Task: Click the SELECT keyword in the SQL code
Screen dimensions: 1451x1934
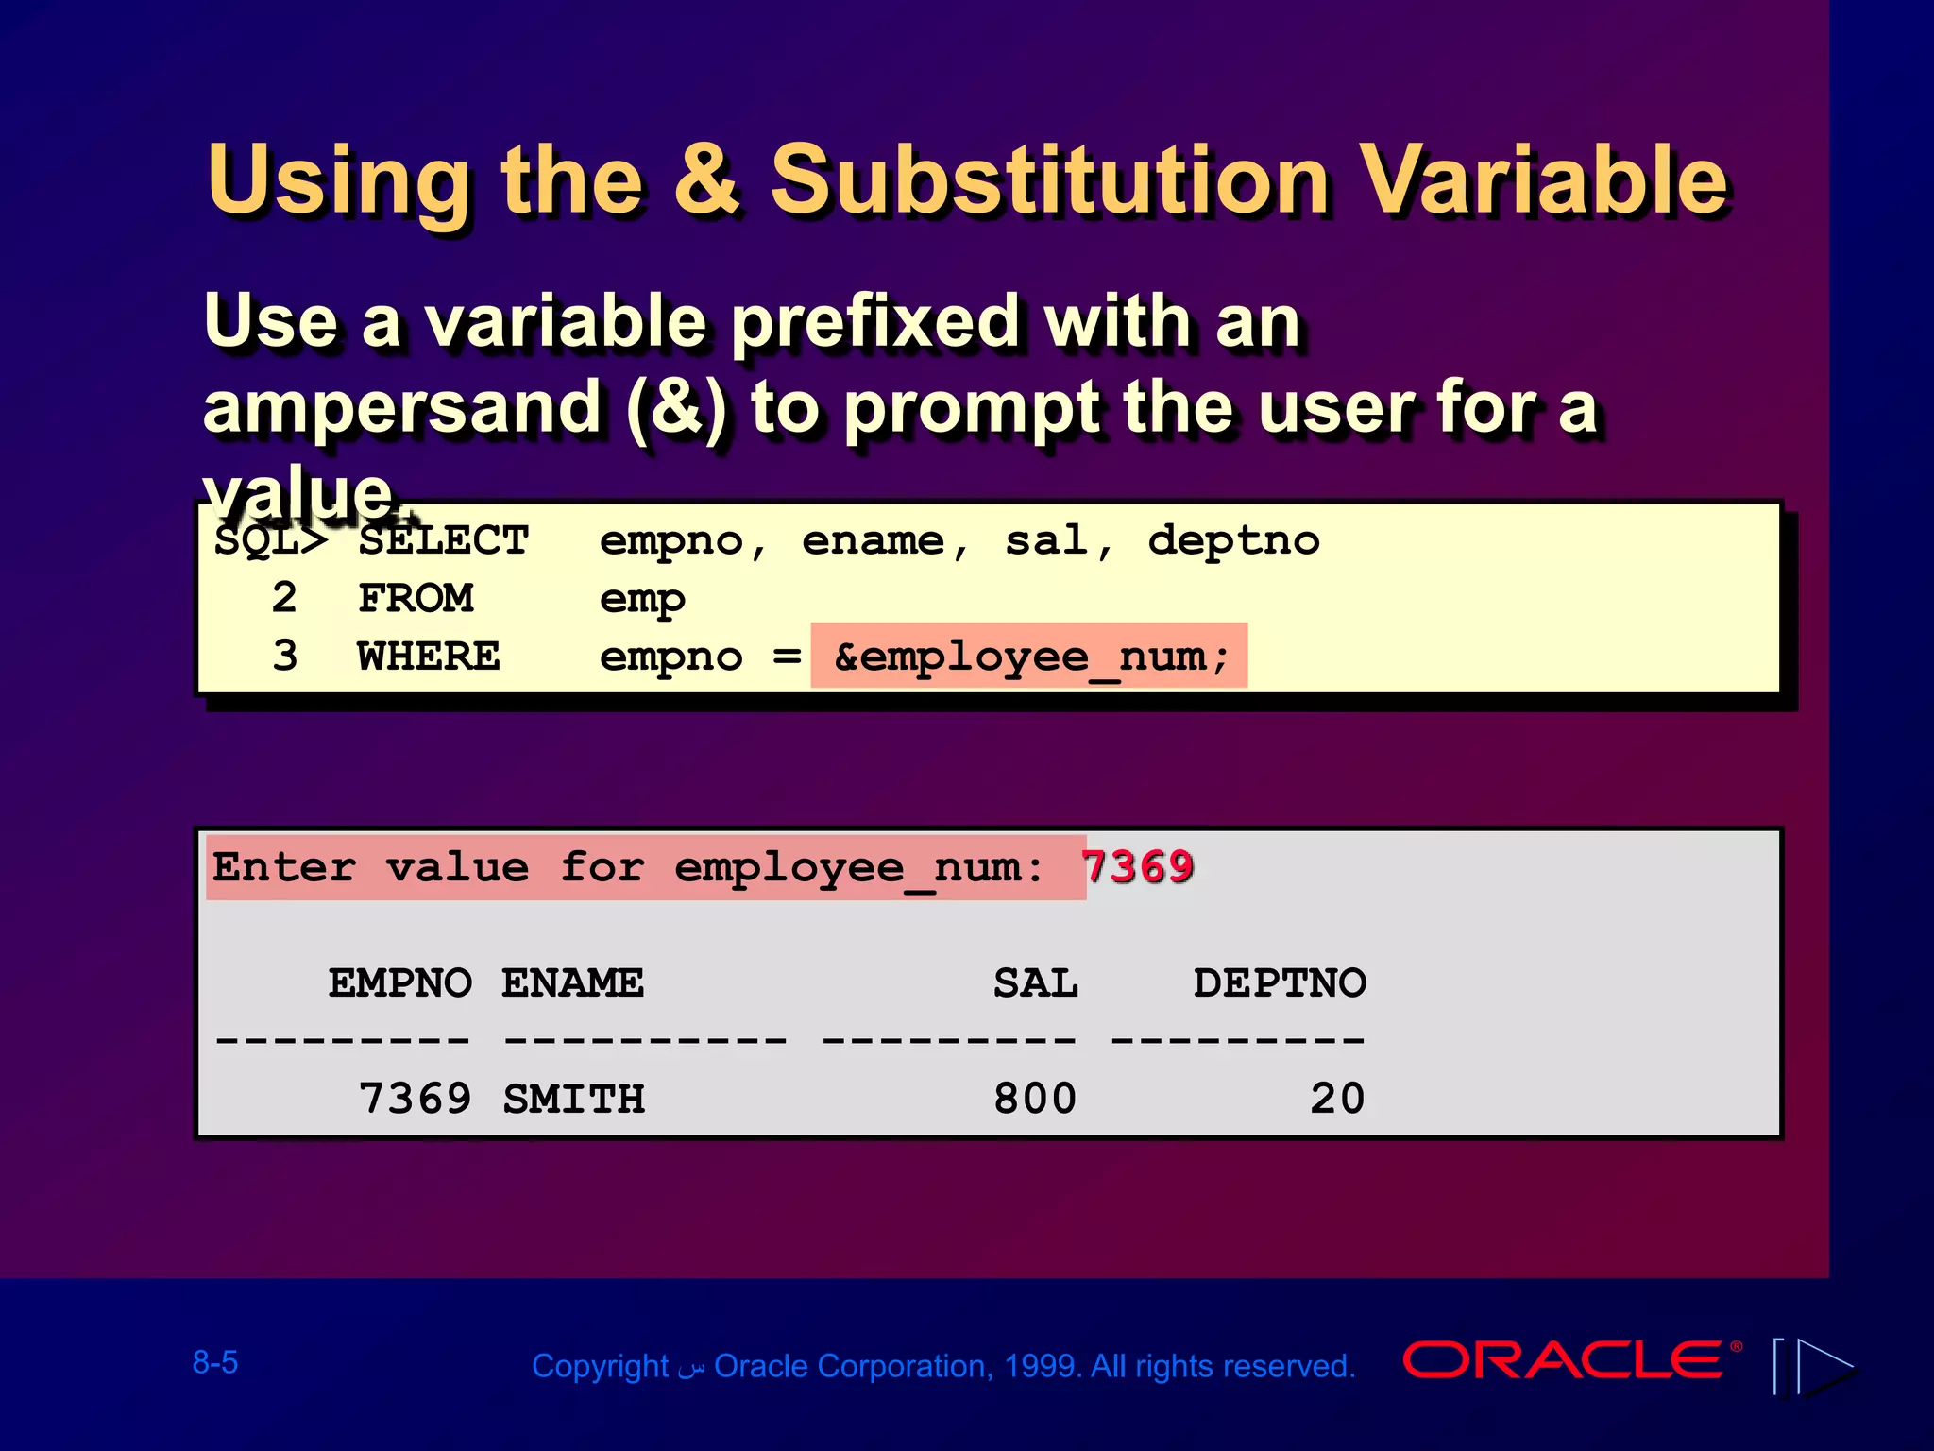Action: [x=443, y=540]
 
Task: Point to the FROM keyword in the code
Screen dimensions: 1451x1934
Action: [x=416, y=599]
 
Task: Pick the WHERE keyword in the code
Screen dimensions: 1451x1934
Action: [x=428, y=657]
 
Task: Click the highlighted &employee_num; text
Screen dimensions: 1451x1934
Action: [x=1029, y=657]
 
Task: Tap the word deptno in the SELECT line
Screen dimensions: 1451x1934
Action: [x=1233, y=540]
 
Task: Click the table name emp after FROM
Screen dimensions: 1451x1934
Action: [x=642, y=599]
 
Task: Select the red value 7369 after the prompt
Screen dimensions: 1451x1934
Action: [x=1137, y=866]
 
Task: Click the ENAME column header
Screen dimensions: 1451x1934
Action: [x=572, y=983]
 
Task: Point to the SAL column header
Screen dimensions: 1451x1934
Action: [x=1035, y=983]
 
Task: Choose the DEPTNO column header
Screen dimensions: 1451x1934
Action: [x=1280, y=983]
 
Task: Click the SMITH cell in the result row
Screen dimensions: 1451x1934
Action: [x=573, y=1099]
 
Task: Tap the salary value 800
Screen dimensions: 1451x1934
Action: [x=1035, y=1099]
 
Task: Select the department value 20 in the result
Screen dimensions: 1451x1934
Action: [x=1337, y=1099]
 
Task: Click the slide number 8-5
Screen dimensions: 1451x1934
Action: [x=215, y=1362]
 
